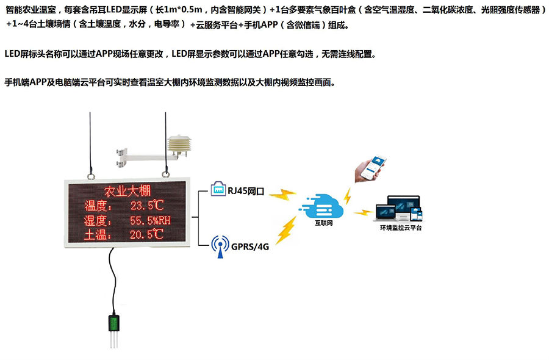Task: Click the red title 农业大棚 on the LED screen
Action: (x=127, y=191)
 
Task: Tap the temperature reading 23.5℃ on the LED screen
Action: (x=147, y=205)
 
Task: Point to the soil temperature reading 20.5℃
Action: (x=147, y=234)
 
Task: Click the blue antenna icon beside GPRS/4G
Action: (x=219, y=245)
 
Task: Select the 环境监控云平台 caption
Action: (x=400, y=228)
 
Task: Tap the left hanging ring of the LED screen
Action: (x=91, y=175)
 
